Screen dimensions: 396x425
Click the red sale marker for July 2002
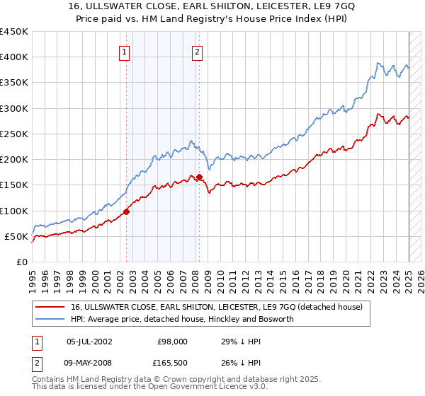[126, 211]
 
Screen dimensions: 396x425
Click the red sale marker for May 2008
[200, 177]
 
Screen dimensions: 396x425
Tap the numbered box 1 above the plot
[124, 51]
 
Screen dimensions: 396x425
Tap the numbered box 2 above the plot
[196, 51]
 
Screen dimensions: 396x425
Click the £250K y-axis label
[14, 134]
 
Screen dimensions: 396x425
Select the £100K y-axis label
[14, 211]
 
